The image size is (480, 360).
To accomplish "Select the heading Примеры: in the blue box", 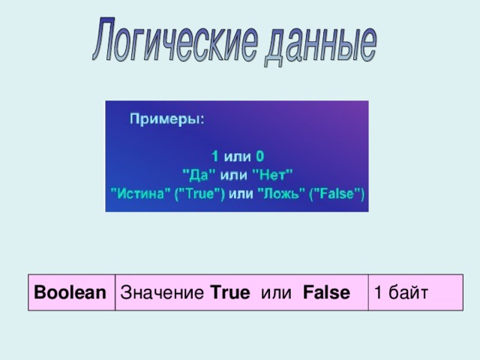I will [167, 118].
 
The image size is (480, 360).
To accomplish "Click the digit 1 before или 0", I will [214, 157].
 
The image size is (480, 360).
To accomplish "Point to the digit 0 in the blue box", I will [259, 157].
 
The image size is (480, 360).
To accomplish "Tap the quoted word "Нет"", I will [273, 174].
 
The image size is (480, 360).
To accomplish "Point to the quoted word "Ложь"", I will [278, 193].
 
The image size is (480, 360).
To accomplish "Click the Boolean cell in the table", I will [70, 292].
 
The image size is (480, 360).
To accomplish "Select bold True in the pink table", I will [230, 292].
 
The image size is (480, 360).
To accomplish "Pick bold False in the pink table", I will [326, 292].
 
